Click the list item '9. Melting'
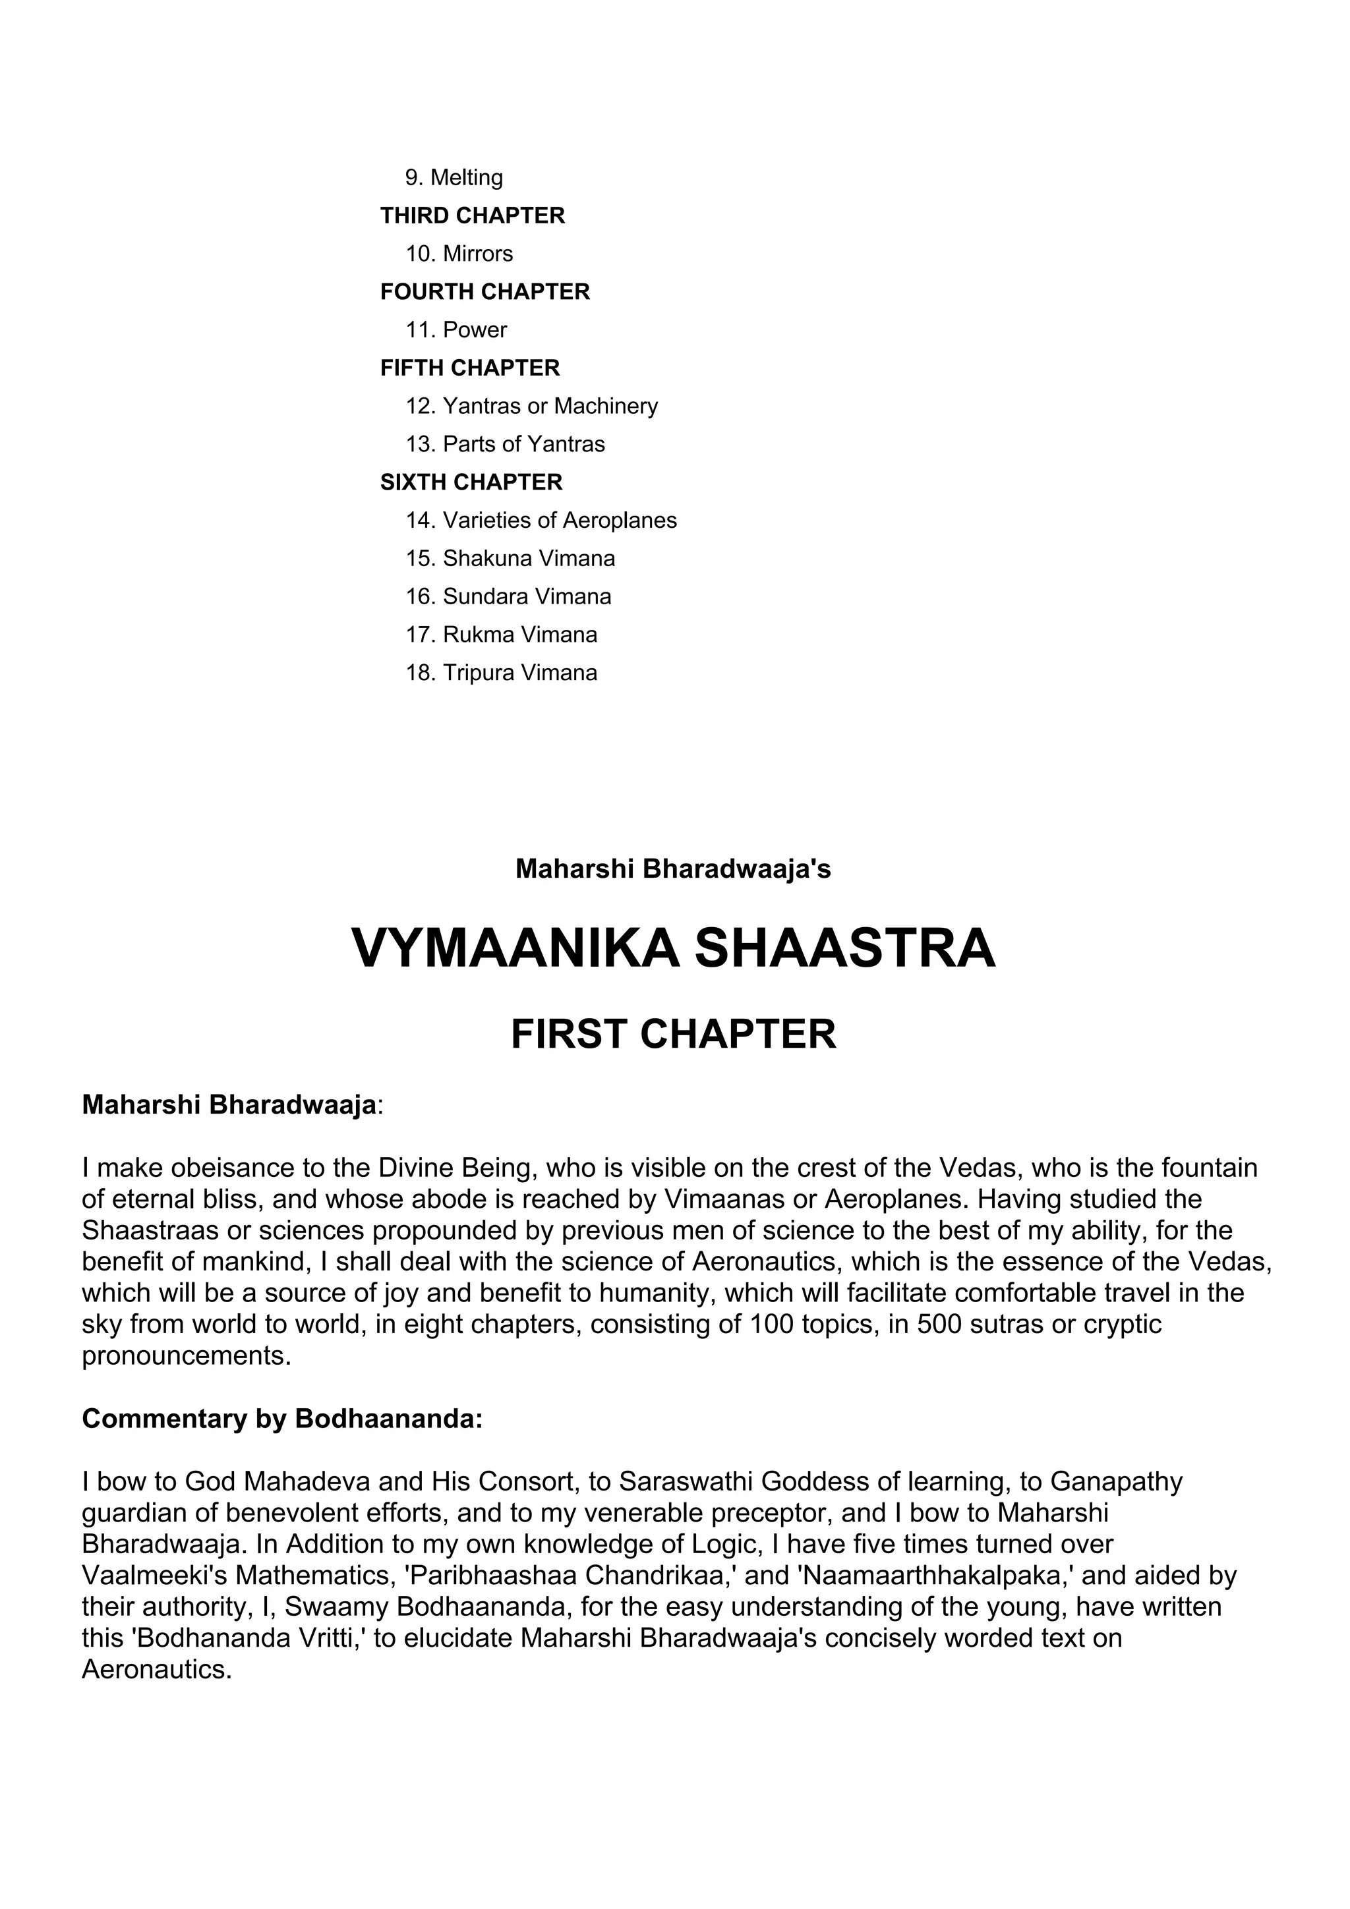(454, 177)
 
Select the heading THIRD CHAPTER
(473, 215)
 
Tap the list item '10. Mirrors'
(459, 254)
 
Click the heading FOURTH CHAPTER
(485, 292)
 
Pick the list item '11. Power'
(455, 330)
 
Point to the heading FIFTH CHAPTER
(470, 368)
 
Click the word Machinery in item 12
(606, 406)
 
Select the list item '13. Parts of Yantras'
(505, 444)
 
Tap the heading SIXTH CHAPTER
(471, 482)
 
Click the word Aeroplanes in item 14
(620, 521)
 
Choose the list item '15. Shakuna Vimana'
(510, 559)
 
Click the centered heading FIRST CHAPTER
(674, 1035)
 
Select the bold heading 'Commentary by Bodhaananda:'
(282, 1419)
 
